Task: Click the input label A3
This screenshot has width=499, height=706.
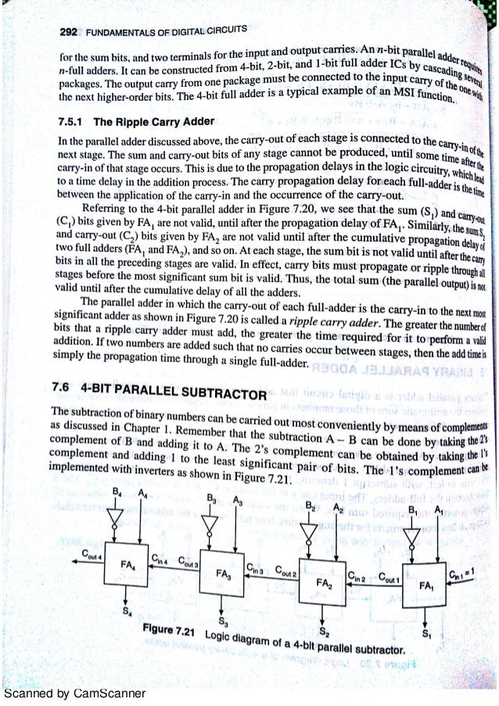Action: (x=235, y=503)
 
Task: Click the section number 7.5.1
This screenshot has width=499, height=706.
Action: (x=74, y=123)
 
